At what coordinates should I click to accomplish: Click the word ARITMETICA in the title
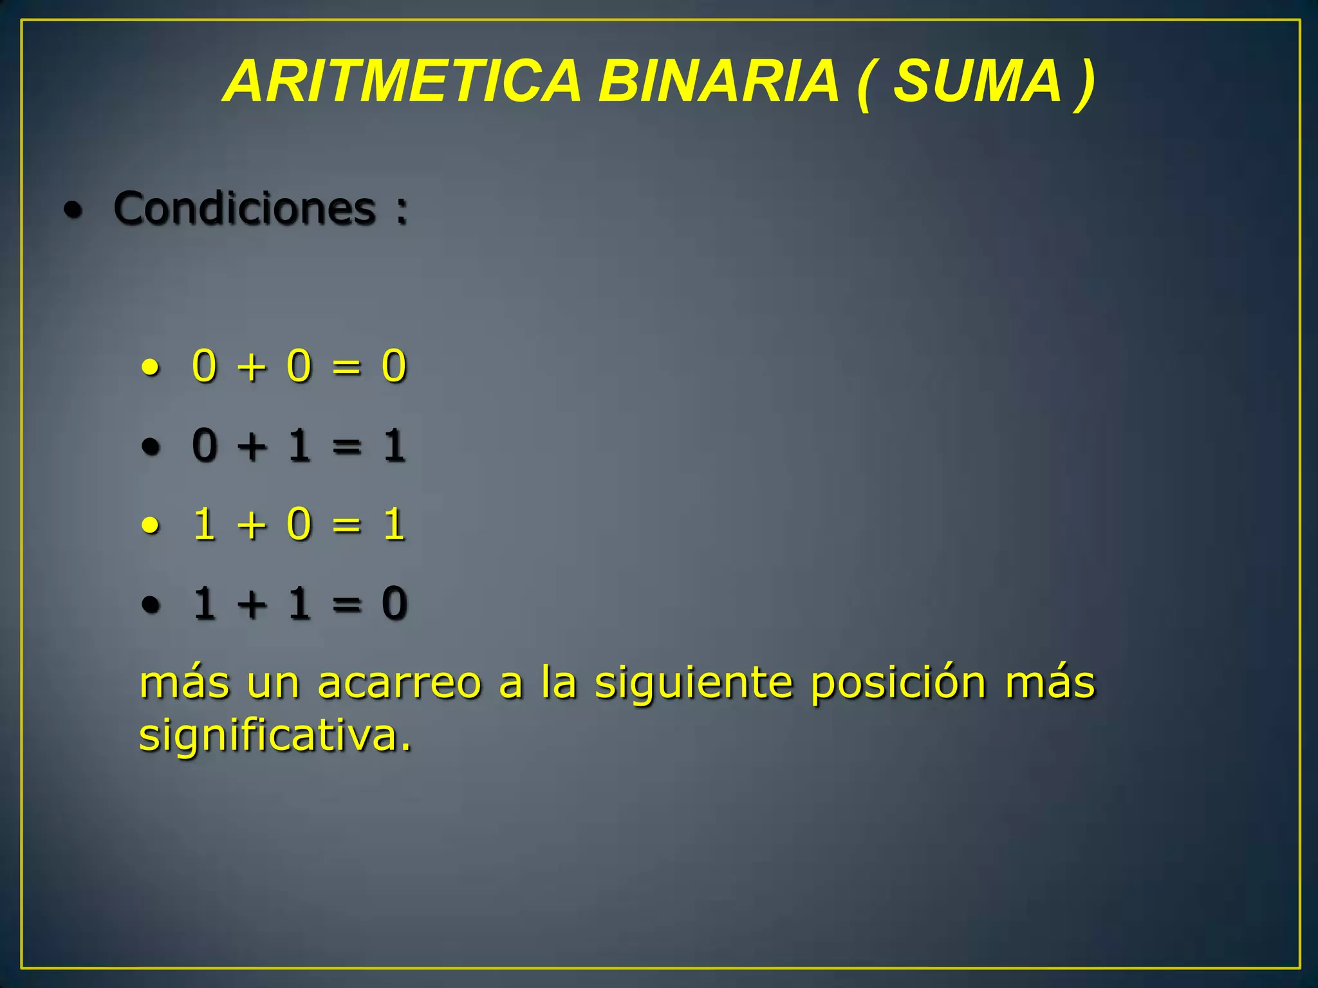point(403,81)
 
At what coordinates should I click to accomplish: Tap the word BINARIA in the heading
point(718,81)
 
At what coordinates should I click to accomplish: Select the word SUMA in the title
point(977,81)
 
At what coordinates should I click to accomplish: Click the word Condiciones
point(244,208)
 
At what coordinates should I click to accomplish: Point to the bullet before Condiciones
point(73,210)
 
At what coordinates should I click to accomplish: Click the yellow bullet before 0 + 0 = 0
point(151,369)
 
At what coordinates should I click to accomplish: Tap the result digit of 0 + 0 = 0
point(394,366)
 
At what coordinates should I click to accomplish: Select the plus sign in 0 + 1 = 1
point(252,446)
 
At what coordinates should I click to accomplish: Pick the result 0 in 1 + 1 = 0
point(394,603)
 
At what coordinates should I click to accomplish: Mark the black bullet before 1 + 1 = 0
point(151,605)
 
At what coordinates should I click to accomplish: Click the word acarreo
point(399,683)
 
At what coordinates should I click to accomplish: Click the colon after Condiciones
point(402,211)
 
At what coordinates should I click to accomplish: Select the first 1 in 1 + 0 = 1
point(204,524)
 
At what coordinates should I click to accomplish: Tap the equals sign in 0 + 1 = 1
point(346,446)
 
